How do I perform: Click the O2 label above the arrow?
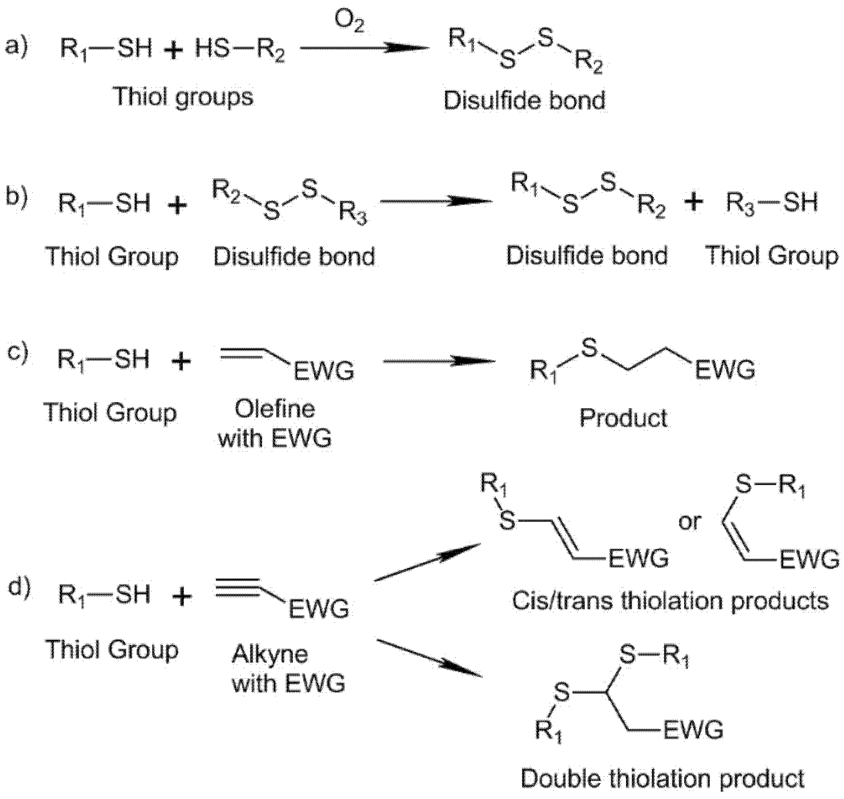pyautogui.click(x=349, y=21)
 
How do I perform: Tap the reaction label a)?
pyautogui.click(x=17, y=46)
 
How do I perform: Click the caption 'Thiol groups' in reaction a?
pyautogui.click(x=184, y=97)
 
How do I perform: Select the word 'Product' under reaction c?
pyautogui.click(x=623, y=418)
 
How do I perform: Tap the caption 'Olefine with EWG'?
pyautogui.click(x=275, y=424)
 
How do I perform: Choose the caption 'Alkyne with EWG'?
pyautogui.click(x=288, y=668)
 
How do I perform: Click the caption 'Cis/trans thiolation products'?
pyautogui.click(x=670, y=601)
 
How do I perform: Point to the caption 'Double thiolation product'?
pyautogui.click(x=662, y=778)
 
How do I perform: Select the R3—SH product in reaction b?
pyautogui.click(x=771, y=203)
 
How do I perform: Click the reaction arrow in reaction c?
pyautogui.click(x=439, y=361)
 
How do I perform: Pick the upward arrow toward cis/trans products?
pyautogui.click(x=427, y=562)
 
